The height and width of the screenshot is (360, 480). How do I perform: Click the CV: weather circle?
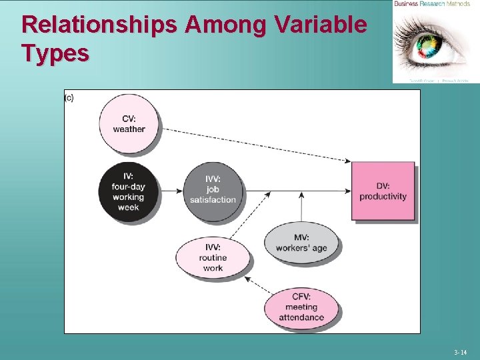pos(129,124)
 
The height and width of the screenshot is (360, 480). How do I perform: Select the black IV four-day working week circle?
pos(128,192)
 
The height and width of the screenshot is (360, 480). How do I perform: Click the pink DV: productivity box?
pos(383,191)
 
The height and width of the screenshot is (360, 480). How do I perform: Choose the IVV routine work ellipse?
pos(213,257)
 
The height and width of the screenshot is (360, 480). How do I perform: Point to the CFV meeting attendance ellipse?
pos(301,307)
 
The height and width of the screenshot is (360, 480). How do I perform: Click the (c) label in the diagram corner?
pos(69,98)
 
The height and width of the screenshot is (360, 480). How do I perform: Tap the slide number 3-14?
pos(460,352)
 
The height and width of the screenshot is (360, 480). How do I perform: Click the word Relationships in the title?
pos(99,25)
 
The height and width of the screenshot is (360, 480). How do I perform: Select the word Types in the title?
pos(55,53)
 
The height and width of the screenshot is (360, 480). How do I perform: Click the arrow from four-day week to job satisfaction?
pos(173,191)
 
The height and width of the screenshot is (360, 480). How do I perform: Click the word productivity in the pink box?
pos(383,197)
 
